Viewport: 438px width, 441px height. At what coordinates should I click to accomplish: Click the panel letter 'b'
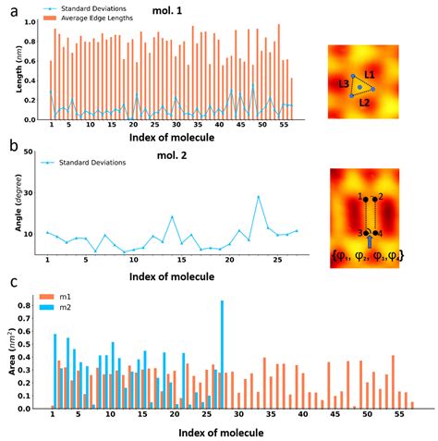8,146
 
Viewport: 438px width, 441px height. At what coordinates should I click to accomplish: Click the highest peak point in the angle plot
259,196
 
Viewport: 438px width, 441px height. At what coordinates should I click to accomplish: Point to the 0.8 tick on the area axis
36,304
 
